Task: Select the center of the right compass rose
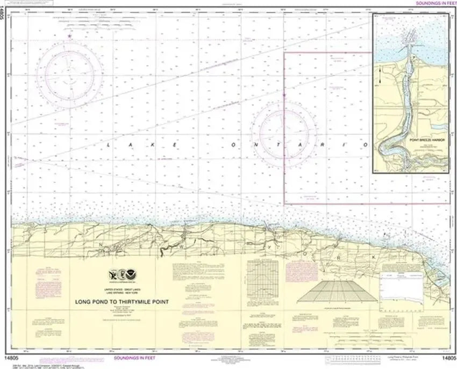point(284,127)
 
